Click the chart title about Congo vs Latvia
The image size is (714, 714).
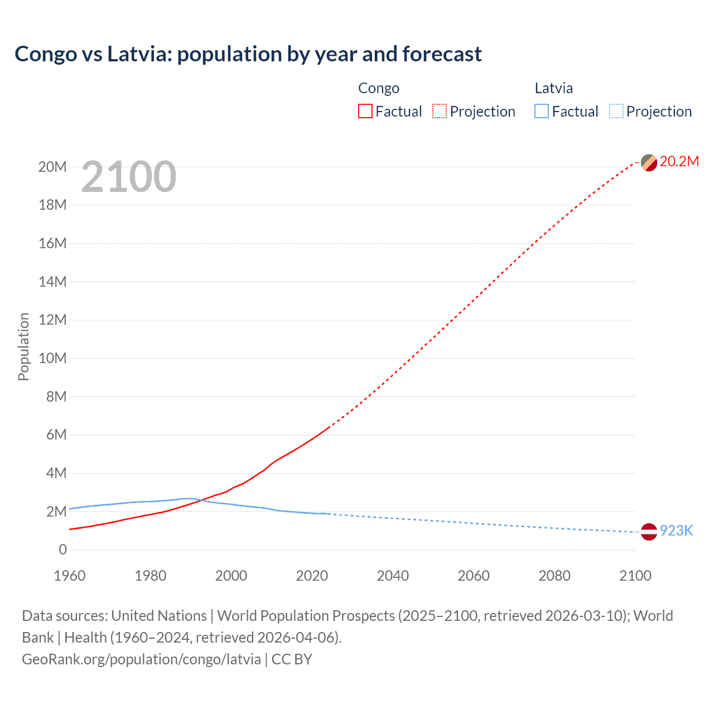(x=248, y=54)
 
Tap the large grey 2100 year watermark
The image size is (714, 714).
(x=129, y=177)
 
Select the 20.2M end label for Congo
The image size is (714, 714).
(x=679, y=162)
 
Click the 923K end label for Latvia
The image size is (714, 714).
(x=676, y=530)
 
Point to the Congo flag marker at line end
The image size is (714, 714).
(x=649, y=163)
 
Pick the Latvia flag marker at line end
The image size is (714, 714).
(x=649, y=532)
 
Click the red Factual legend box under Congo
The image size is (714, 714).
(x=365, y=111)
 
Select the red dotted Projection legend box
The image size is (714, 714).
(x=440, y=111)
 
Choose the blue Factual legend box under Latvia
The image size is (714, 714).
(x=542, y=111)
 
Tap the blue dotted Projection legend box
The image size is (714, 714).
(x=616, y=111)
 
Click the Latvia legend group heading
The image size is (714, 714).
(x=553, y=88)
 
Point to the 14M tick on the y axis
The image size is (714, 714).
(x=52, y=282)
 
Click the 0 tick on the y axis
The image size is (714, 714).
(x=62, y=549)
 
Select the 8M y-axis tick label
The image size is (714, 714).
(x=56, y=397)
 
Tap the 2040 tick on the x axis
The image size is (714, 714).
(x=393, y=576)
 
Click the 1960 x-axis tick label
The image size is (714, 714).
(x=70, y=576)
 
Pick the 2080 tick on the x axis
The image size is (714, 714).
(x=554, y=576)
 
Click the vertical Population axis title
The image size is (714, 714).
(x=23, y=346)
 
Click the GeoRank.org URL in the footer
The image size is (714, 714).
(x=141, y=659)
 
